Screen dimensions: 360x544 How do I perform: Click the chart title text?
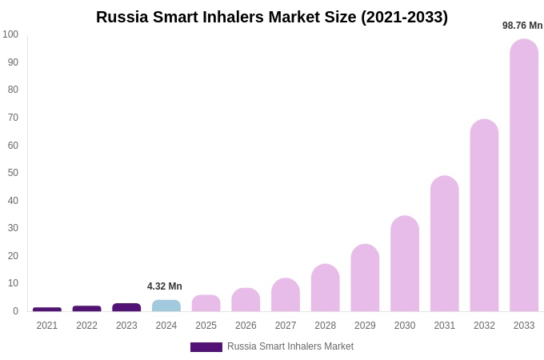[x=272, y=17]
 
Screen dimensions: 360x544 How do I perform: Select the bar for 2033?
[x=524, y=175]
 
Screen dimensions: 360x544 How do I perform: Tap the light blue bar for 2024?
[x=166, y=306]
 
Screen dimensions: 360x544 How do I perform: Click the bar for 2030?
[x=405, y=263]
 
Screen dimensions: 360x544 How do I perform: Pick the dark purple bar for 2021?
[x=47, y=310]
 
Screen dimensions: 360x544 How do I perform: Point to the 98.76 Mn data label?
[x=522, y=26]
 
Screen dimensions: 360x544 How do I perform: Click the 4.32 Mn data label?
[x=165, y=286]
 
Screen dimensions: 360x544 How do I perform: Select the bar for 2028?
[x=326, y=288]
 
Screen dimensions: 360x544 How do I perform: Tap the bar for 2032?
[x=484, y=215]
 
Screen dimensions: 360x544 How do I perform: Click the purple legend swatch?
[x=206, y=347]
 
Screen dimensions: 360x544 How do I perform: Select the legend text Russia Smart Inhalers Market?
[x=290, y=346]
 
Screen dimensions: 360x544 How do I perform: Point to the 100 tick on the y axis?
[x=10, y=34]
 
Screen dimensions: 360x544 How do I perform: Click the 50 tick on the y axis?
[x=13, y=173]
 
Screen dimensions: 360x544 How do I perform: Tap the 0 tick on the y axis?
[x=15, y=311]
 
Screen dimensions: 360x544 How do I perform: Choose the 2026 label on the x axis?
[x=246, y=326]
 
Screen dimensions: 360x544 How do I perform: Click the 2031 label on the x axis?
[x=445, y=326]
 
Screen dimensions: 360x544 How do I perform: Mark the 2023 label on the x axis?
[x=126, y=326]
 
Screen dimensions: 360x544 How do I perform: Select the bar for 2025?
[x=206, y=303]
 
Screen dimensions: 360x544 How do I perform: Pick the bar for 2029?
[x=365, y=278]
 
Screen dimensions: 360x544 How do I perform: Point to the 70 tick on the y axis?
[x=13, y=118]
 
